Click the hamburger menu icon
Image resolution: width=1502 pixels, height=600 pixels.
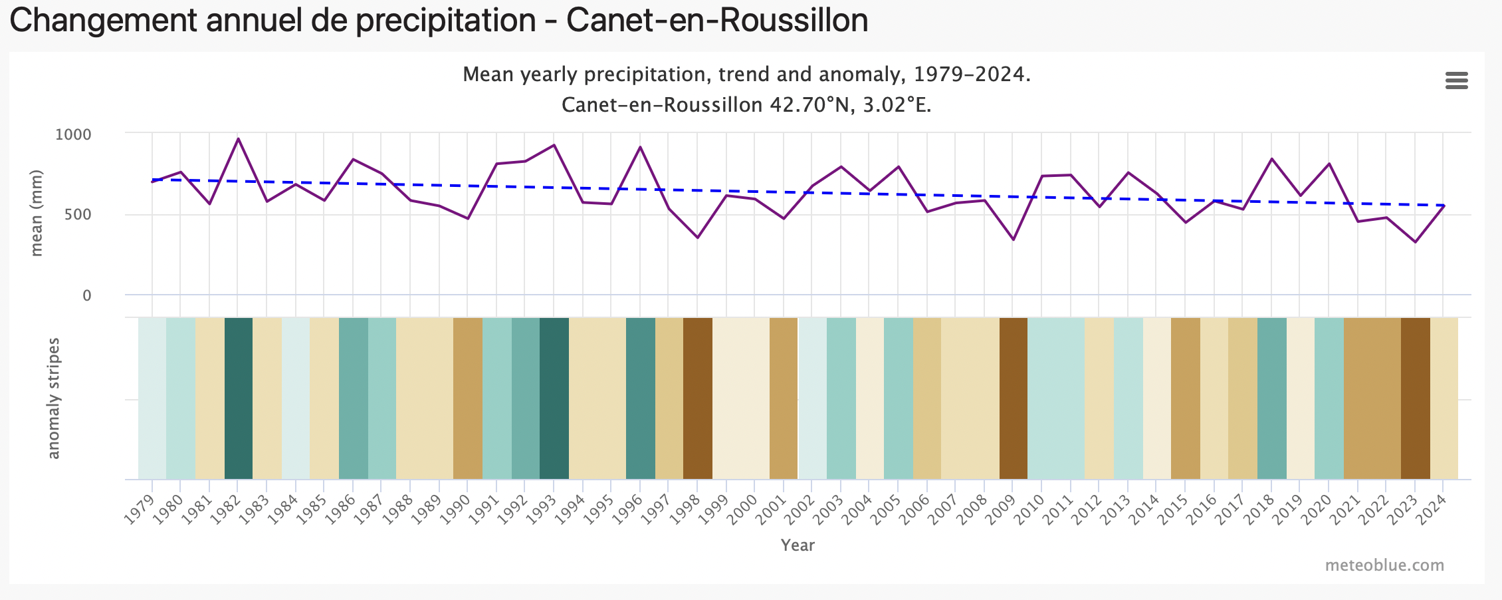pos(1456,81)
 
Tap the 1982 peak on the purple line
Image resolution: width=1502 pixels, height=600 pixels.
pos(238,139)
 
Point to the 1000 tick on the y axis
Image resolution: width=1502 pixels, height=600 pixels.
pos(73,134)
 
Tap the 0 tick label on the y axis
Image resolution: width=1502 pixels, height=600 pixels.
pos(86,295)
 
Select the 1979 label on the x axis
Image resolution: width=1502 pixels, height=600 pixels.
pos(140,511)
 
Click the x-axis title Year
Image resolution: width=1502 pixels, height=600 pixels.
pos(798,545)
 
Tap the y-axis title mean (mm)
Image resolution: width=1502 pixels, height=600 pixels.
pos(37,213)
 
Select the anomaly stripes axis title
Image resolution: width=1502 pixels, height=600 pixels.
pos(53,398)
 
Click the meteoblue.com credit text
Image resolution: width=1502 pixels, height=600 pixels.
pos(1384,565)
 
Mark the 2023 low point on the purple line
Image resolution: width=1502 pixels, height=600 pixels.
pos(1415,241)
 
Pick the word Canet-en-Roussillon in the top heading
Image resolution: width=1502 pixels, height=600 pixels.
pos(717,20)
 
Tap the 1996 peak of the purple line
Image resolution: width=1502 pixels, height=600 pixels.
pos(640,147)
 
